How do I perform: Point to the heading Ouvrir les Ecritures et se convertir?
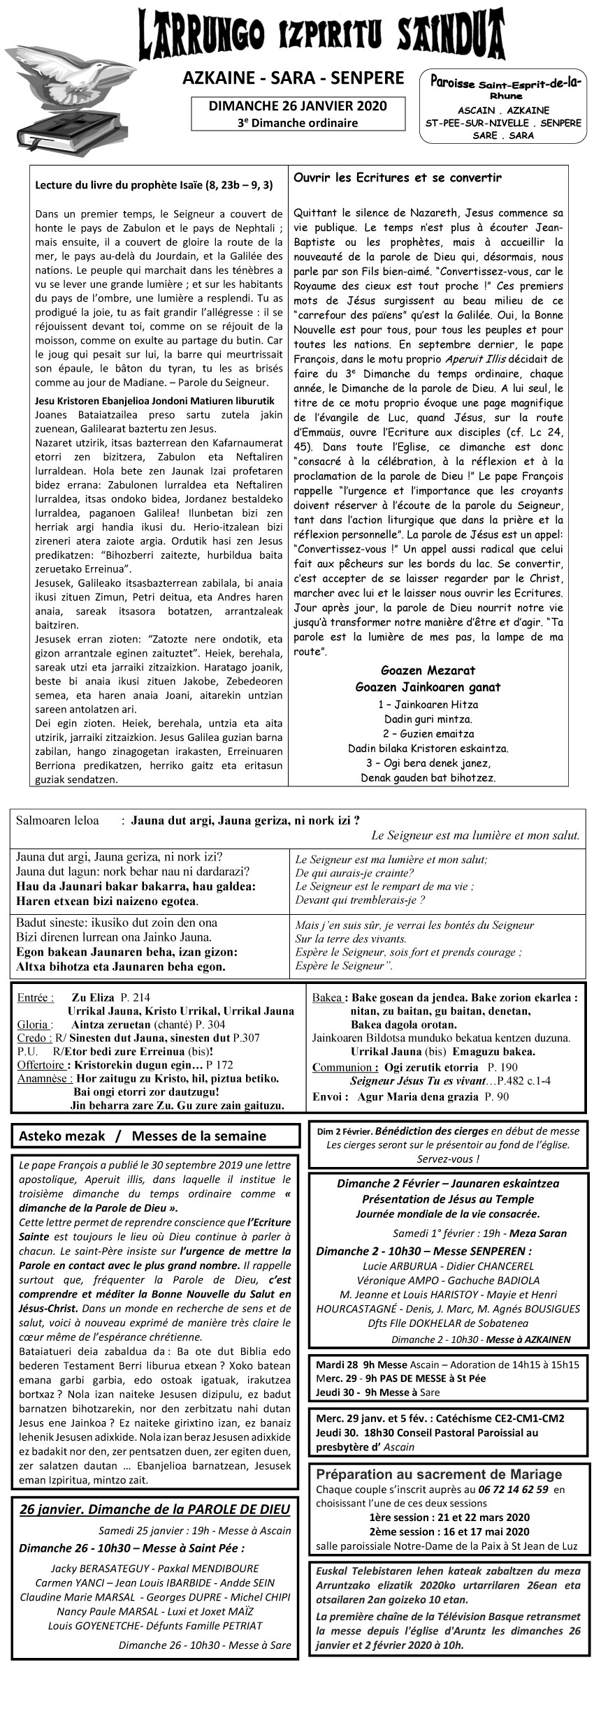(x=397, y=178)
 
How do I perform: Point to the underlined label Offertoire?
(x=42, y=1065)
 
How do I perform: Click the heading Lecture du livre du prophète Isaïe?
(x=154, y=185)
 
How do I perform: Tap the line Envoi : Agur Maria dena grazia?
(x=410, y=1096)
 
